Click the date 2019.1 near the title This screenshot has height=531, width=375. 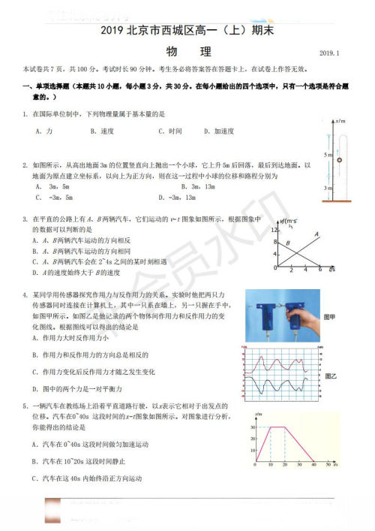[329, 54]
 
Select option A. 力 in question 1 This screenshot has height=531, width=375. [43, 131]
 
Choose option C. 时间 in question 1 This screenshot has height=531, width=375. [170, 131]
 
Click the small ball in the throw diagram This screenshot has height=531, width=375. [340, 159]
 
